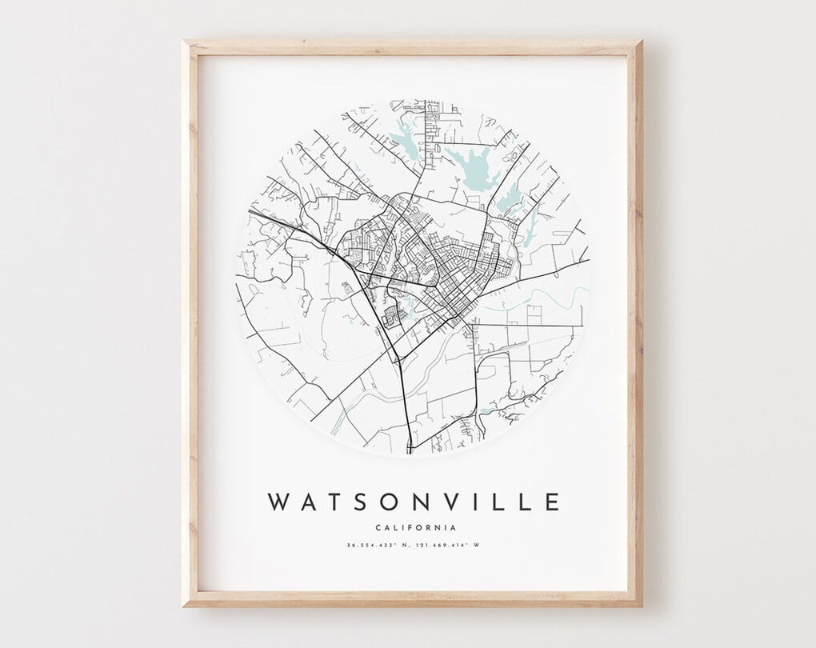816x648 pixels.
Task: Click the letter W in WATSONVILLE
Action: point(279,502)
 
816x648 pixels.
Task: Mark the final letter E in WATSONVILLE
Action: point(551,502)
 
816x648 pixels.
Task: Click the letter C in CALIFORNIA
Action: point(377,527)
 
